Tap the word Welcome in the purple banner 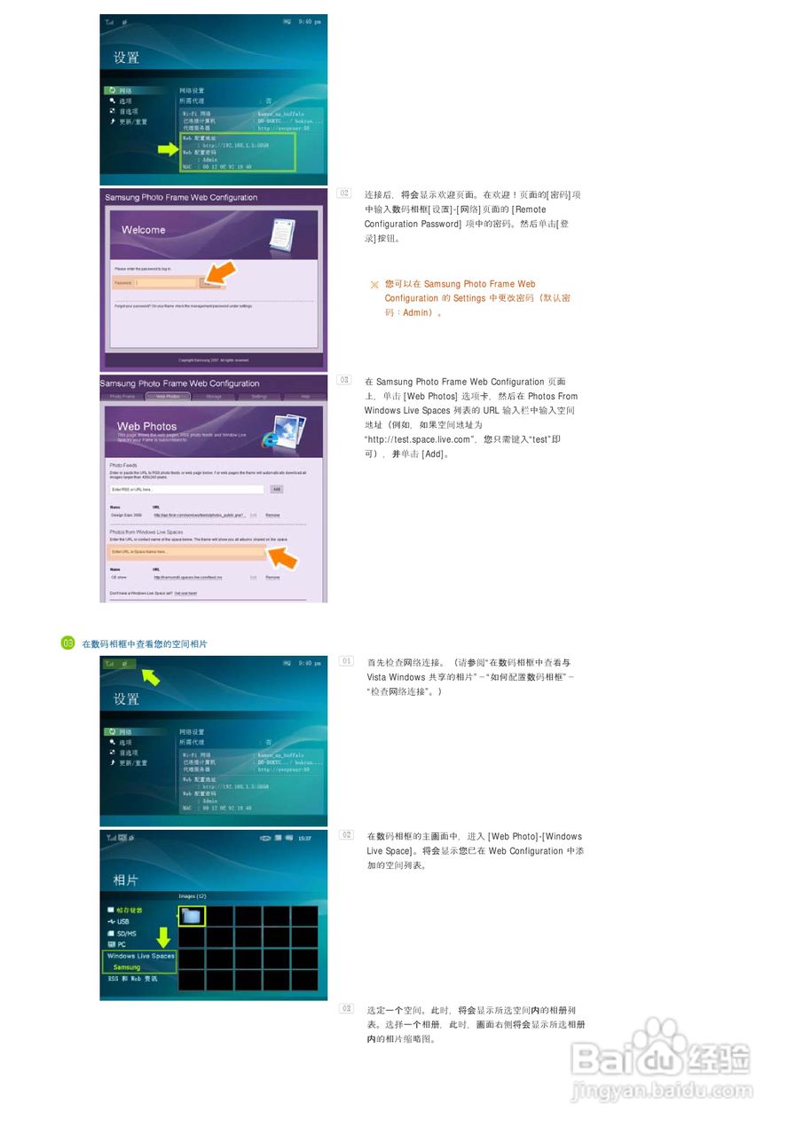point(144,230)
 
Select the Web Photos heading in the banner point(147,426)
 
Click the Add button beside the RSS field point(276,489)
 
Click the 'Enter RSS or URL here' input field point(186,489)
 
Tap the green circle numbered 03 point(67,643)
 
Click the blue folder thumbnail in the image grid point(191,915)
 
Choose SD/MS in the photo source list point(126,933)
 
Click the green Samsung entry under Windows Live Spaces point(127,967)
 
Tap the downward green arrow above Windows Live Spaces point(163,935)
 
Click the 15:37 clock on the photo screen point(305,838)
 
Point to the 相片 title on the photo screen point(125,880)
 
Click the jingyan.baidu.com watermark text point(661,1087)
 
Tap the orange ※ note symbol point(374,285)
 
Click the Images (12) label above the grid point(193,895)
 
